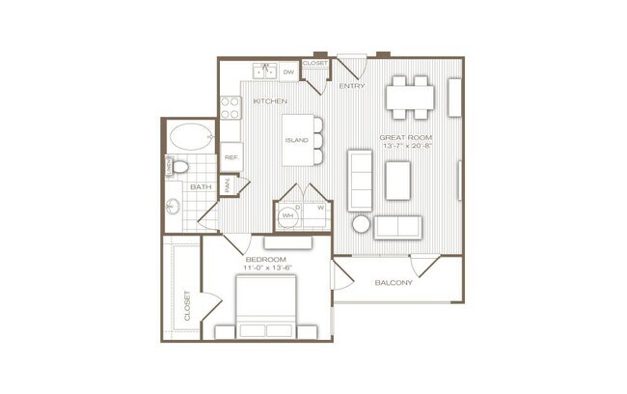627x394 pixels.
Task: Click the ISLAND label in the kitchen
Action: point(296,139)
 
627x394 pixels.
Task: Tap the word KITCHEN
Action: point(270,100)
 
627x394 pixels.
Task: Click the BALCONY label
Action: point(394,283)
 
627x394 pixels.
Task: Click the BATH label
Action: point(202,186)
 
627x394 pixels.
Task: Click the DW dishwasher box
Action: point(288,70)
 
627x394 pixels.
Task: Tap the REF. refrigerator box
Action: point(232,156)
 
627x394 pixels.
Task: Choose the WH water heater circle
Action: point(286,215)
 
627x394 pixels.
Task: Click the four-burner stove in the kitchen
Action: point(230,108)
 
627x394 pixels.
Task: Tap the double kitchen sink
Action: point(265,70)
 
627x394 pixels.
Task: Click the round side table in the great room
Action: point(360,224)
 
